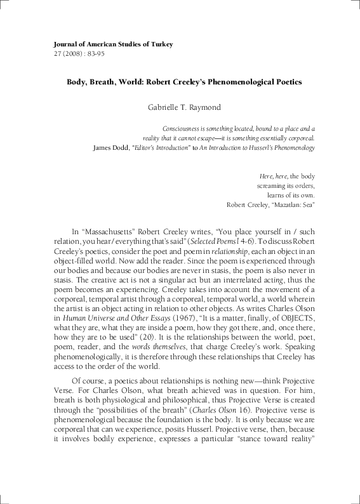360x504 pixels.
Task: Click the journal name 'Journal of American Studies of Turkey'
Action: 105,44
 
